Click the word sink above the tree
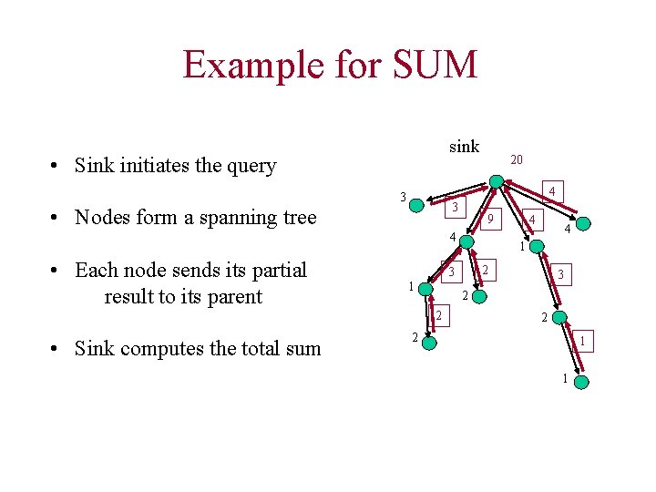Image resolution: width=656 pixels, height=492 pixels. click(x=464, y=147)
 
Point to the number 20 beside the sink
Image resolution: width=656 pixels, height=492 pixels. click(x=517, y=160)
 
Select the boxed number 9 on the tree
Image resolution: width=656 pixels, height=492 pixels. click(x=489, y=220)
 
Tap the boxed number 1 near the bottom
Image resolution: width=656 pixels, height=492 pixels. click(x=582, y=340)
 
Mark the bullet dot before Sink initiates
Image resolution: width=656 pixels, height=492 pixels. click(x=56, y=167)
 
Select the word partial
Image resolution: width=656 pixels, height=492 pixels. click(x=275, y=271)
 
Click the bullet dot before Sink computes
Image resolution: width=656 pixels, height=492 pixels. click(x=56, y=350)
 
